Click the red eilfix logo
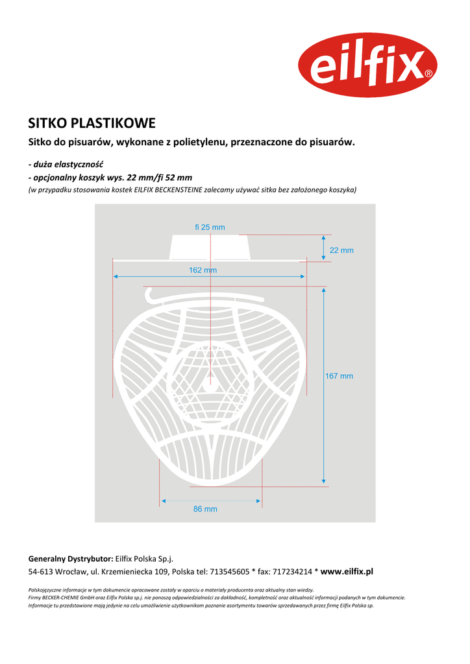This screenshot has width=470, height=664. tap(367, 65)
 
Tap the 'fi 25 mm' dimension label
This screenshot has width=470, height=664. tap(210, 227)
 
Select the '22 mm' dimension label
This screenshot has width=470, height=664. tap(341, 250)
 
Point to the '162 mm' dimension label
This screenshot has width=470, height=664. tap(203, 270)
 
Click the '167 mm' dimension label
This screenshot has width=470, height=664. tap(339, 376)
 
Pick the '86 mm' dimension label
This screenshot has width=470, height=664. tap(205, 509)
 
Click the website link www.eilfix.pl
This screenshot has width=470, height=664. tap(347, 571)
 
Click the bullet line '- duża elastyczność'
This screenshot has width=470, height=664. tap(66, 164)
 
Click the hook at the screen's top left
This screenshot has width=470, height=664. tap(151, 294)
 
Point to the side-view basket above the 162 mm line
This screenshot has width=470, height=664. tap(210, 248)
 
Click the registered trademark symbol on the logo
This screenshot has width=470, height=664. tap(428, 74)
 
